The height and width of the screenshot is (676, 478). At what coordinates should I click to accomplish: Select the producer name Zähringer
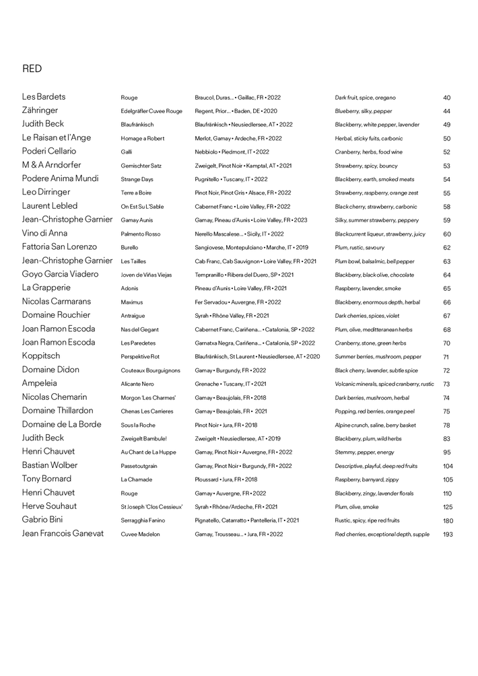click(40, 110)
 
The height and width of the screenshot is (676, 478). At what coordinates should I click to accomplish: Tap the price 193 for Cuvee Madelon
click(448, 534)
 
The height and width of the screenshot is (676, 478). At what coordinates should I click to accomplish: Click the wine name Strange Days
click(137, 179)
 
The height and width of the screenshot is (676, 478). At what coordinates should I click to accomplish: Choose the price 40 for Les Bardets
click(447, 98)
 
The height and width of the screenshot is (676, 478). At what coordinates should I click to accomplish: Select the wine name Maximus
click(132, 302)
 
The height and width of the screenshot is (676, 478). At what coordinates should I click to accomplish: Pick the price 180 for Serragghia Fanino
click(448, 520)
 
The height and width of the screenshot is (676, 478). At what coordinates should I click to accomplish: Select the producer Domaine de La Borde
click(62, 424)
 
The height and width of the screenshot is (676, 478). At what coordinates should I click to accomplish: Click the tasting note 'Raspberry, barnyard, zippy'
click(362, 479)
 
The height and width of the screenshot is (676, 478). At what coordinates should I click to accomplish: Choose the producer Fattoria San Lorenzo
click(59, 247)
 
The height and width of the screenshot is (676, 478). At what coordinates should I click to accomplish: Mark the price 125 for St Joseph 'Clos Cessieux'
click(448, 507)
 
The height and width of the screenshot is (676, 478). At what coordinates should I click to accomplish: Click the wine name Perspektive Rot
click(140, 356)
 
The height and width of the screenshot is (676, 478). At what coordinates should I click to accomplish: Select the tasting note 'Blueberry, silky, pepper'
click(364, 111)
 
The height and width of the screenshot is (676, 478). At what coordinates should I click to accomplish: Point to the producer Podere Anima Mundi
click(60, 178)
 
